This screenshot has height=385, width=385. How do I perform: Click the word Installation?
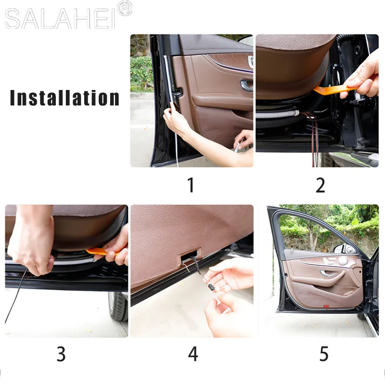click(64, 98)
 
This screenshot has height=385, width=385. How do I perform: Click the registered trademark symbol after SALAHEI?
click(125, 9)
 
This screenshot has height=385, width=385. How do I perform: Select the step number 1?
click(191, 185)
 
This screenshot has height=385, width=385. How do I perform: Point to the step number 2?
click(320, 185)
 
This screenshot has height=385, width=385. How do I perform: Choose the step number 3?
click(61, 354)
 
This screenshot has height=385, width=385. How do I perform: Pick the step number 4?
click(193, 354)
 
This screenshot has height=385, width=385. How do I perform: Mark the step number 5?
click(324, 354)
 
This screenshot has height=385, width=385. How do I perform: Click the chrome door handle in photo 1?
click(247, 86)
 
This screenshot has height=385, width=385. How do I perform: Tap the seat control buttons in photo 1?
click(250, 62)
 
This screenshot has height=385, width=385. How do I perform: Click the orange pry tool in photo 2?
click(332, 89)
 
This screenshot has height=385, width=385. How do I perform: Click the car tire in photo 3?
click(117, 306)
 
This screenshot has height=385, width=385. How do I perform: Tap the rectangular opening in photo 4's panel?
click(192, 257)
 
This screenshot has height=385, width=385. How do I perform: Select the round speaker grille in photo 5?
click(343, 260)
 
